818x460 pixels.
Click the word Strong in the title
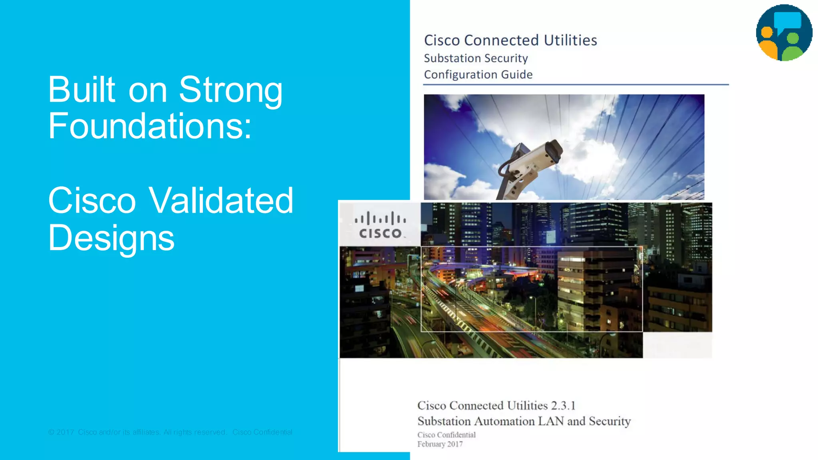point(230,90)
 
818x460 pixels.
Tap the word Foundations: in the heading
point(150,126)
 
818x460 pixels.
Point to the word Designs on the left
point(111,238)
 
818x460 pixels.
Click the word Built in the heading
point(82,90)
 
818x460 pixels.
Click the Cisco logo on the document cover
point(380,225)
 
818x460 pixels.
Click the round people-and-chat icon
point(784,33)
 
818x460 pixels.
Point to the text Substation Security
point(476,58)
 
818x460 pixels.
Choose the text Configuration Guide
point(478,75)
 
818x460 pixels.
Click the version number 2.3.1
point(563,406)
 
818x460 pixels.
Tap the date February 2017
point(440,444)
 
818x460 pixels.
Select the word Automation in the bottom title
point(504,421)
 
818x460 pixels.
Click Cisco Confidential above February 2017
point(446,435)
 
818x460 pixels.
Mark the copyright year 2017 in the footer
point(65,432)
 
